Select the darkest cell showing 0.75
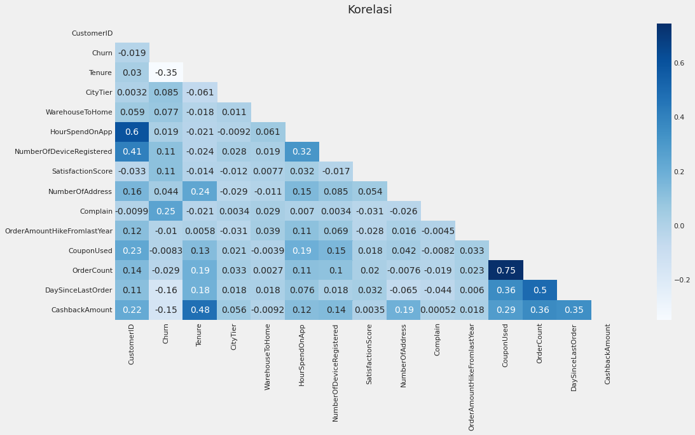(506, 270)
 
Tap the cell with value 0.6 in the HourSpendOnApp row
(132, 132)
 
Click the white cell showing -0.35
(166, 72)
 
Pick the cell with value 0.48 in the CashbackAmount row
(200, 310)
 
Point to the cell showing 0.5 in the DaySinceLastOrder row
(539, 290)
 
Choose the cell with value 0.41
(132, 152)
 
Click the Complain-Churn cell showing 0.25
(166, 211)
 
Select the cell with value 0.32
(301, 152)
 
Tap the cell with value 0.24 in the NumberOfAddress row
(200, 191)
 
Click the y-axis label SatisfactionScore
(82, 172)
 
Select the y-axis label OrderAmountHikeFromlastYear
(58, 231)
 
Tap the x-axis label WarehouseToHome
(268, 357)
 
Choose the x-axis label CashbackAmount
(607, 354)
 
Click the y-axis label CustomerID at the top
(92, 33)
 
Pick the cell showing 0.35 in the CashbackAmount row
(574, 310)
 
